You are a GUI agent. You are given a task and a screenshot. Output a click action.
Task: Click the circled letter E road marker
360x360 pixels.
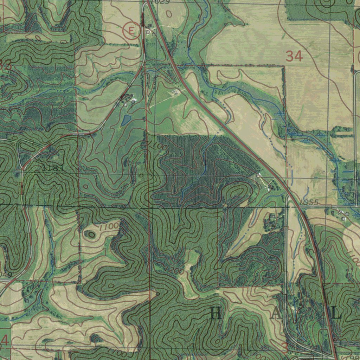tap(131, 31)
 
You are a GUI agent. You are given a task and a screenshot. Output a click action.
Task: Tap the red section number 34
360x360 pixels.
tap(294, 56)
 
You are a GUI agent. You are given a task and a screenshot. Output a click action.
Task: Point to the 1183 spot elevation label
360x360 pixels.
tap(53, 168)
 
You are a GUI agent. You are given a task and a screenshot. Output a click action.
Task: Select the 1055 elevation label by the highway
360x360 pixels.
tap(309, 202)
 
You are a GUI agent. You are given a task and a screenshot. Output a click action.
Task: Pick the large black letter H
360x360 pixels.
tap(216, 313)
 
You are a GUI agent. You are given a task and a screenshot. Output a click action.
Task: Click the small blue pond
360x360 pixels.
tap(125, 121)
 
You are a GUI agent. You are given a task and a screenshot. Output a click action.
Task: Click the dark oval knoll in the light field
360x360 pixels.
tap(91, 234)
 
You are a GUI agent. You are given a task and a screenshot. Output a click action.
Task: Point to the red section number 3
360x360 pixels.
tap(285, 348)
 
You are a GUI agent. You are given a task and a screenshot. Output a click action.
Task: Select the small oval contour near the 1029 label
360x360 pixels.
tap(169, 14)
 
